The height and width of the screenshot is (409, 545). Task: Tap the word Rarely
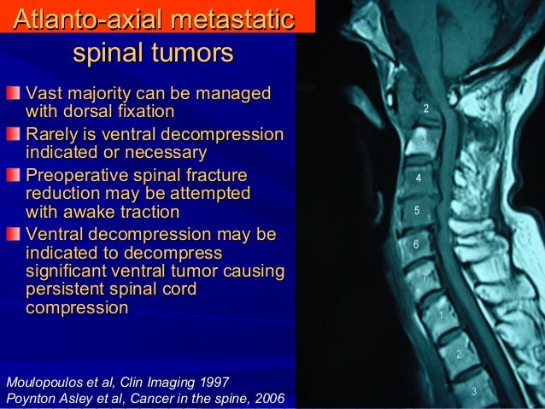point(54,134)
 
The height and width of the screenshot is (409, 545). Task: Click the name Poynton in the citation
point(30,398)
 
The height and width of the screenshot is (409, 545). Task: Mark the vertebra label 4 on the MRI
point(418,178)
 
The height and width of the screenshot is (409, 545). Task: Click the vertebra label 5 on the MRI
point(416,210)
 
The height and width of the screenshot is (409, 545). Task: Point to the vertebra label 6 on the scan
point(415,245)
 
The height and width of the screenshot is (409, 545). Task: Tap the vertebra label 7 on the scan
point(425,278)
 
